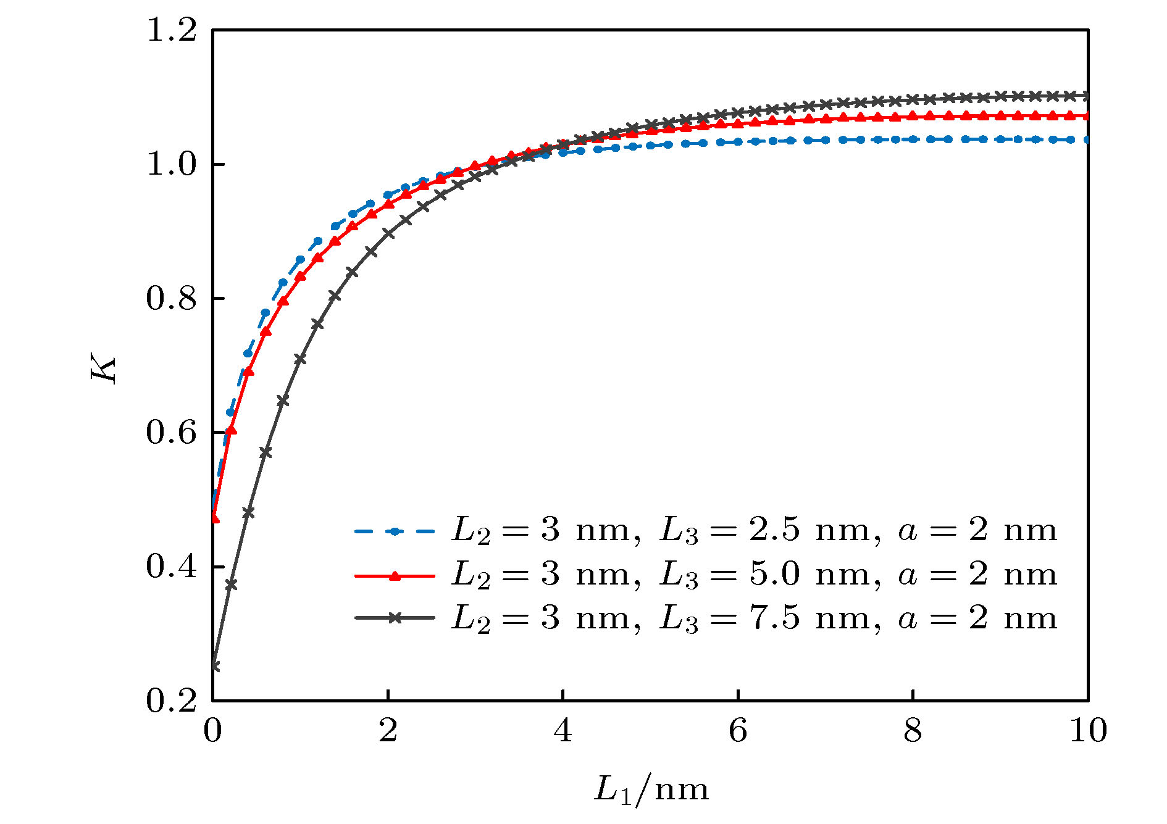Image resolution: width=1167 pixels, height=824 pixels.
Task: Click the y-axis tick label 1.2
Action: (171, 31)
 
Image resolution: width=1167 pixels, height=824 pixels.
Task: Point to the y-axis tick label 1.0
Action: (171, 165)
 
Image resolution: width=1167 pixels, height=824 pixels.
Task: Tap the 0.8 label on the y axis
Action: (171, 299)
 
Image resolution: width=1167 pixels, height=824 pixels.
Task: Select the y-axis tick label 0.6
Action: (171, 433)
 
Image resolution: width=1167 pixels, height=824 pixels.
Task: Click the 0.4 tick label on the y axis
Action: (171, 567)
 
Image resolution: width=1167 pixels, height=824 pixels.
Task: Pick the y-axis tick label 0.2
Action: (171, 701)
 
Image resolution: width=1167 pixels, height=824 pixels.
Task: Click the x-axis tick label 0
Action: (212, 731)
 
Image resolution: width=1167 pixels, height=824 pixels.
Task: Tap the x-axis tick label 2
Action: (388, 731)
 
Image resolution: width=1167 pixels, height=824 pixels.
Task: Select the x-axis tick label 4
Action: (563, 731)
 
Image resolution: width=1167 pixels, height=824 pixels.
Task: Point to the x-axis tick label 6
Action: (738, 731)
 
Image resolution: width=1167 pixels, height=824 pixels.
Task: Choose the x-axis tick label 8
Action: (913, 731)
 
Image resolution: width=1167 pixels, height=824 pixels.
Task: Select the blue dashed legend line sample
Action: (395, 531)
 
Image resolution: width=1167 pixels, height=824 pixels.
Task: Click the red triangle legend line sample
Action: (395, 576)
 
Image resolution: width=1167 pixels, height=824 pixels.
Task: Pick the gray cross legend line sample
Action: (395, 618)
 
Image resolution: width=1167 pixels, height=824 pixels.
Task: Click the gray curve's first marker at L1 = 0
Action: (214, 666)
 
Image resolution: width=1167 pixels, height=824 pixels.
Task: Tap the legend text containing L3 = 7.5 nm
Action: (754, 618)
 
